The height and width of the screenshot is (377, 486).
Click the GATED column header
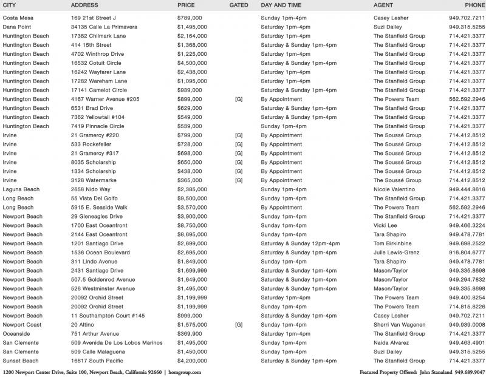(239, 5)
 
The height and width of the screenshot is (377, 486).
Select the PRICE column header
(186, 5)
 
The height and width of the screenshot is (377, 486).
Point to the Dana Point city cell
(18, 27)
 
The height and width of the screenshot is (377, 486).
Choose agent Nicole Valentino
(395, 189)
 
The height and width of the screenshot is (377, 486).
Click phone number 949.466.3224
(467, 225)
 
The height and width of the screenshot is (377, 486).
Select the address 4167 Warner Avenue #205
(105, 99)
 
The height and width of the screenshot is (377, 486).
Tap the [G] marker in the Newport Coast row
(239, 325)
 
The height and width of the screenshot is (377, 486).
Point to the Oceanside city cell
(17, 334)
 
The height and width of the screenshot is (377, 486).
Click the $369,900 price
(190, 334)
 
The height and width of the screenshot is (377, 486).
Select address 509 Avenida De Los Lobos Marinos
(117, 343)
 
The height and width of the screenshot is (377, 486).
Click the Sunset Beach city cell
(21, 361)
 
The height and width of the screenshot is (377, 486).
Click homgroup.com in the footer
(184, 372)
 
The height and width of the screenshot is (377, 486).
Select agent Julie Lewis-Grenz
(396, 253)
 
